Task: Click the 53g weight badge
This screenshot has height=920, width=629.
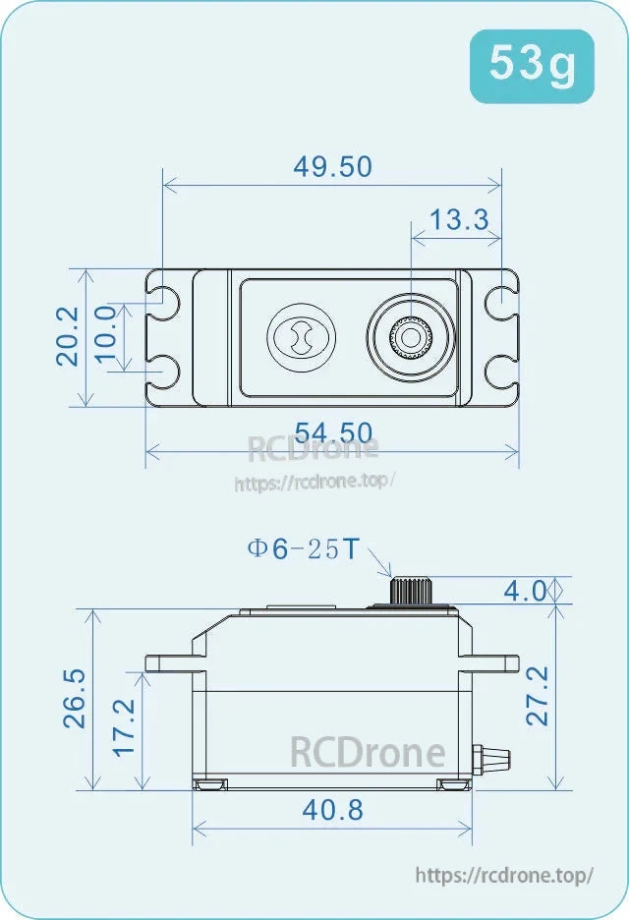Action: coord(532,66)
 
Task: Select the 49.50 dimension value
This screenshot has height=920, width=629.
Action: coord(333,166)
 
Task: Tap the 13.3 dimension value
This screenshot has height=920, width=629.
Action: coord(459,219)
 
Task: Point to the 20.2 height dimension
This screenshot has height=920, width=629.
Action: coord(67,336)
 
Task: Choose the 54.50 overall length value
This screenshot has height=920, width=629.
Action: coord(333,432)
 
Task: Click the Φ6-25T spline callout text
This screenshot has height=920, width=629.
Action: coord(304,549)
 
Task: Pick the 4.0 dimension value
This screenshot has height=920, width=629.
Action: coord(524,591)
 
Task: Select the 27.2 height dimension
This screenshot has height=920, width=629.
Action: coord(538,696)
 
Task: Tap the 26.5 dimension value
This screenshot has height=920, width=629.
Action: coord(75,698)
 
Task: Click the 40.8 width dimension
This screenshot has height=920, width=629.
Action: coord(333,810)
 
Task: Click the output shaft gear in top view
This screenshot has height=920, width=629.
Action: coord(410,338)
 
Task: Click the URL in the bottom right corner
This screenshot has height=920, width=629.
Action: coord(504,875)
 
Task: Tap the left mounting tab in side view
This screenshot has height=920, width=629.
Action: coord(169,662)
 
